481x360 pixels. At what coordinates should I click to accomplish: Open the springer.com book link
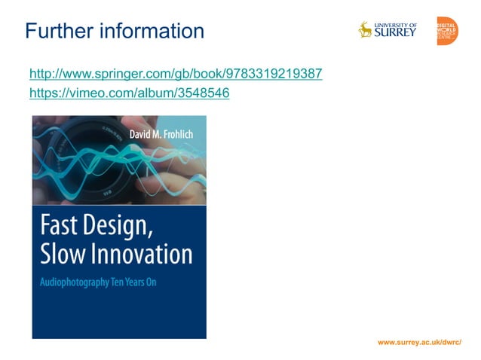(176, 74)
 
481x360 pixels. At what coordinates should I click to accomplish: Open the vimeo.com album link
(129, 93)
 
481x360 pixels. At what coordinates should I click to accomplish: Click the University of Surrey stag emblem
(366, 29)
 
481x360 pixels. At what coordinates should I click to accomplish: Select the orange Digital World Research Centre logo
(446, 31)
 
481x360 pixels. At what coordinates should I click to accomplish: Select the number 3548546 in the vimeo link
(206, 93)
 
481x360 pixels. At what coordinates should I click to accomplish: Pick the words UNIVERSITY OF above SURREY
(396, 24)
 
